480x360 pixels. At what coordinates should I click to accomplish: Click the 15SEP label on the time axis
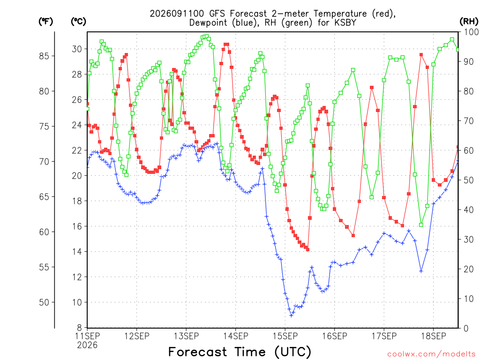click(285, 336)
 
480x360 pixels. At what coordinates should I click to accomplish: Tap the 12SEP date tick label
click(137, 336)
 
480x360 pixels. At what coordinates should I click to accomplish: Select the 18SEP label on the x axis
click(434, 336)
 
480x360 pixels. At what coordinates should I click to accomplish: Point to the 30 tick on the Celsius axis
click(77, 49)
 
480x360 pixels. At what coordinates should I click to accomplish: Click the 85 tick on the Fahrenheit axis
click(44, 56)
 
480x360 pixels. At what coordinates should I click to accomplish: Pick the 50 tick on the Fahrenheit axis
click(44, 302)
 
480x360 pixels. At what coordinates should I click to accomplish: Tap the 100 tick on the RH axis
click(471, 32)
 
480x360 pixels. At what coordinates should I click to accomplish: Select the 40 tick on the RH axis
click(469, 210)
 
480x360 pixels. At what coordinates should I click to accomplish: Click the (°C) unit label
click(78, 22)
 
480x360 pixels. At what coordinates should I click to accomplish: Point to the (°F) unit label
click(45, 22)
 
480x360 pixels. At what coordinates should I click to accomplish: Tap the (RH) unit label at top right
click(469, 22)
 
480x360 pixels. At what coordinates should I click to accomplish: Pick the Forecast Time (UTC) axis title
click(240, 352)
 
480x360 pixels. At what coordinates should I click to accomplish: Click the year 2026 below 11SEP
click(87, 345)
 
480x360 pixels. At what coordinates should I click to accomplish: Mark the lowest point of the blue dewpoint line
click(291, 315)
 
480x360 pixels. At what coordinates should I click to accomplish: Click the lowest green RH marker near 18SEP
click(421, 225)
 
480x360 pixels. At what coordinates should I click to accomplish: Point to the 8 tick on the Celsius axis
click(79, 328)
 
